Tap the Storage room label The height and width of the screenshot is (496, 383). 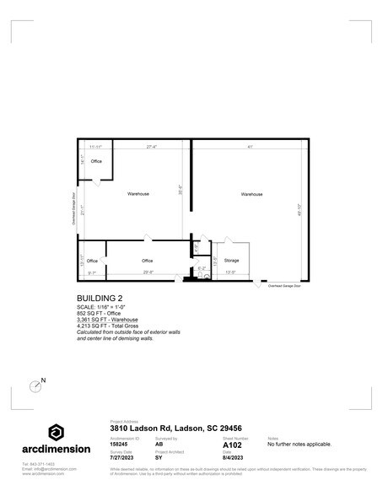tap(231, 261)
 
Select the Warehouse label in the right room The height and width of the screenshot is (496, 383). tap(251, 194)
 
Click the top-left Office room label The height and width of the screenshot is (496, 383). tap(96, 161)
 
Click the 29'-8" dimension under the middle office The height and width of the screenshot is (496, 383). tap(148, 273)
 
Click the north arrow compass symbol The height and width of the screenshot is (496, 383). tap(35, 386)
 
